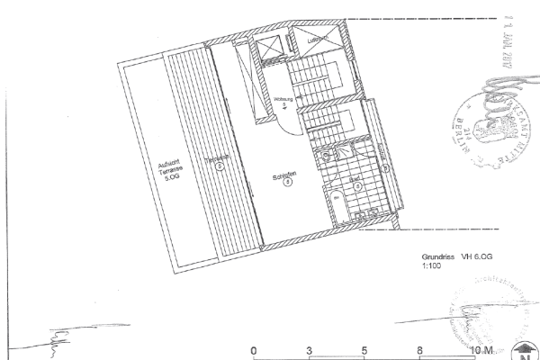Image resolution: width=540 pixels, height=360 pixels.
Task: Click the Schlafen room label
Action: click(x=285, y=176)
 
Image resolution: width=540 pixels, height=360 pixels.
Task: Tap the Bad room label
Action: click(x=356, y=180)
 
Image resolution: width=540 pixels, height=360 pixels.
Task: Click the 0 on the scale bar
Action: click(x=254, y=349)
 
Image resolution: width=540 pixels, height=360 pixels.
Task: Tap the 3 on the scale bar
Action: click(x=309, y=349)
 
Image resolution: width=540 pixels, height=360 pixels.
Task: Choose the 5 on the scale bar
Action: click(x=364, y=349)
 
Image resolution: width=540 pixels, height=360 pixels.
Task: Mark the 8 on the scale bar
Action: click(x=419, y=349)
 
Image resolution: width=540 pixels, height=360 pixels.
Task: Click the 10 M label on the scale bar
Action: click(x=480, y=349)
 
